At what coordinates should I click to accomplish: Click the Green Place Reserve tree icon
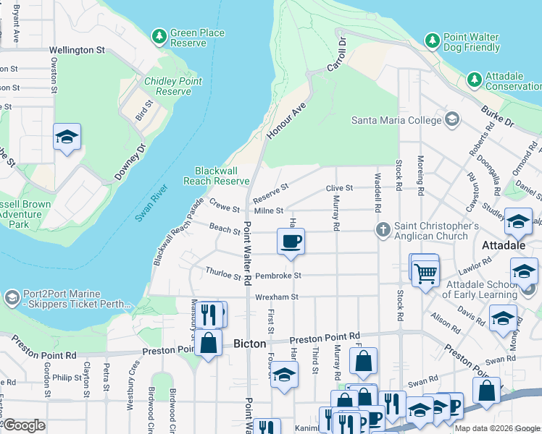[x=159, y=35]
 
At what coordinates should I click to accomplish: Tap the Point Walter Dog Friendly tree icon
[x=433, y=40]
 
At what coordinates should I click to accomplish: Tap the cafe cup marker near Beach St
[x=291, y=242]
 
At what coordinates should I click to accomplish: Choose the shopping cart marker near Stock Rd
[x=425, y=271]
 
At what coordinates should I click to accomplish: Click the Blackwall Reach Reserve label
[x=217, y=176]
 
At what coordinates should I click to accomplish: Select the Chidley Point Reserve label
[x=173, y=86]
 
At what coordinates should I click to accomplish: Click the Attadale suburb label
[x=506, y=246]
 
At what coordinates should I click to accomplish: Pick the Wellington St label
[x=77, y=50]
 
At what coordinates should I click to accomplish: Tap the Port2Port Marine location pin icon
[x=12, y=298]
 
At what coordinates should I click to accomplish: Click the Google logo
[x=24, y=425]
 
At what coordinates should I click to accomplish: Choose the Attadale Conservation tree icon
[x=475, y=78]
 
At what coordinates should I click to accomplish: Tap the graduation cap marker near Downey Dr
[x=67, y=137]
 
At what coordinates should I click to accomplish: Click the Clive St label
[x=339, y=188]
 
